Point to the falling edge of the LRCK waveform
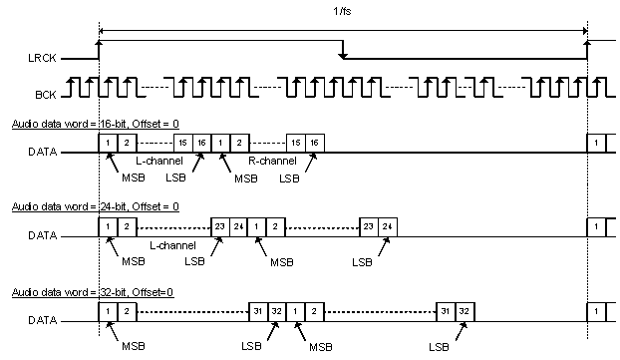[343, 50]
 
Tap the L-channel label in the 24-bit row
[170, 244]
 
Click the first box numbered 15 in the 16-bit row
[183, 143]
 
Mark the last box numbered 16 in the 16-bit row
[314, 143]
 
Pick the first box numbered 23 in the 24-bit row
[220, 226]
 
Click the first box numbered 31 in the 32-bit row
[257, 312]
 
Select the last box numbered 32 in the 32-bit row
[465, 312]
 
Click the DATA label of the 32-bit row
[41, 322]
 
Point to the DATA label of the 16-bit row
[41, 153]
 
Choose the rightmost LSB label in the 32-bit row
[440, 346]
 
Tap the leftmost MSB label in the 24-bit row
[134, 262]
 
